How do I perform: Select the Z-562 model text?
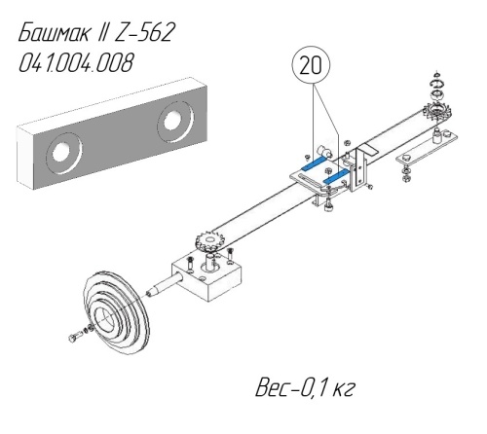coord(143,32)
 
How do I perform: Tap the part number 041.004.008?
coord(76,62)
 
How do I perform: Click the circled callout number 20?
coord(311,66)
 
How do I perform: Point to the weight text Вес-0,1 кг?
coord(305,387)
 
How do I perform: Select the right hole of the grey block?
coord(174,122)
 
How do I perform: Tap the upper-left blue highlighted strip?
coord(314,163)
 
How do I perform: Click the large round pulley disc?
coord(115,312)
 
